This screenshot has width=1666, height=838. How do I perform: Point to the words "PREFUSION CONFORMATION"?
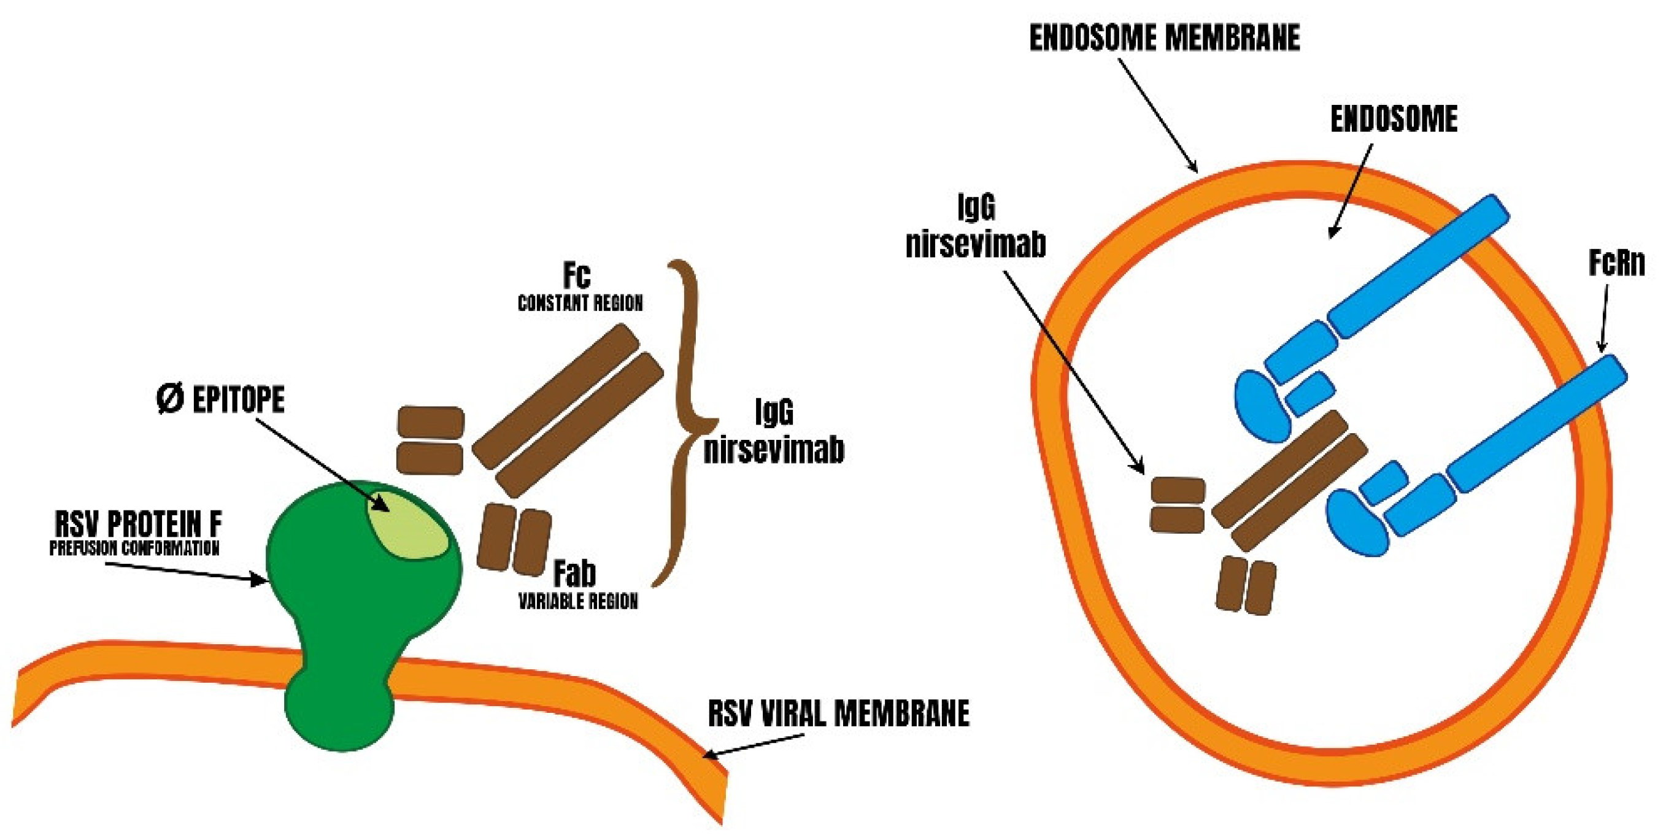click(134, 548)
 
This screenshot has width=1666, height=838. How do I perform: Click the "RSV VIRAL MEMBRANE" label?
click(838, 714)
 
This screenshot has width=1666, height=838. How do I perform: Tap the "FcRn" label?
click(1616, 264)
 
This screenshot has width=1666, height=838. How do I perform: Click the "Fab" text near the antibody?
click(574, 574)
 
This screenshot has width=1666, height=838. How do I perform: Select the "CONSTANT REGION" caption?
click(580, 303)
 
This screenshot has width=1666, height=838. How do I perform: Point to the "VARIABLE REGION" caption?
click(578, 601)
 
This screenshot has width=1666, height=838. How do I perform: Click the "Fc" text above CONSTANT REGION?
click(576, 276)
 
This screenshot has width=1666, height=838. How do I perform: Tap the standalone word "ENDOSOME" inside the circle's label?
click(1393, 120)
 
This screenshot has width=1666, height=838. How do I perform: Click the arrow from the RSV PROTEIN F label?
click(188, 572)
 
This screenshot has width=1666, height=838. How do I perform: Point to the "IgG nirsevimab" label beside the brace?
click(774, 431)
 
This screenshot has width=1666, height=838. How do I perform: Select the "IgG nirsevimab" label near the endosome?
click(975, 226)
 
